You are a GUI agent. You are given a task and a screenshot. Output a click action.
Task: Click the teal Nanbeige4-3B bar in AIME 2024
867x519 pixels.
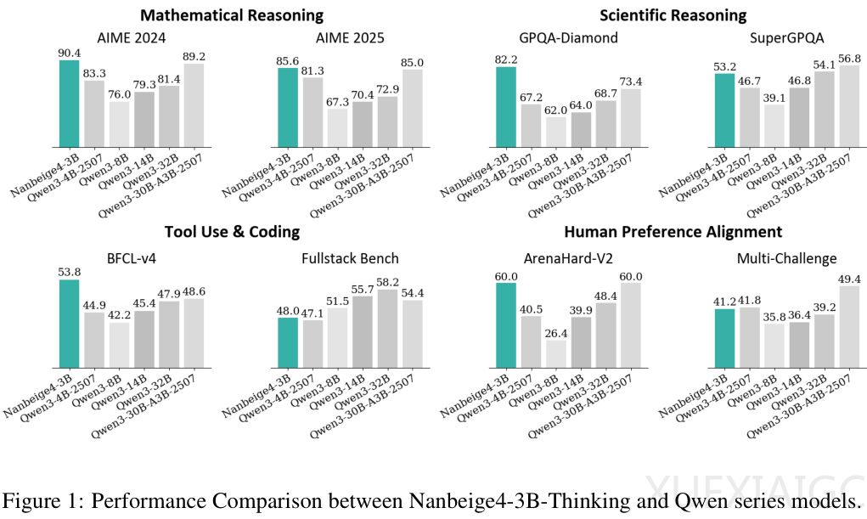click(x=69, y=103)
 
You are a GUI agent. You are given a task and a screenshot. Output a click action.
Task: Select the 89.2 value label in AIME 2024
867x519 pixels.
click(x=194, y=58)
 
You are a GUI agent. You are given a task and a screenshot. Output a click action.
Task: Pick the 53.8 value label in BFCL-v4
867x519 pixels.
click(x=69, y=273)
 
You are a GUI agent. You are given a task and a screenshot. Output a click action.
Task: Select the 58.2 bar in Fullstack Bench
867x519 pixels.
click(x=387, y=328)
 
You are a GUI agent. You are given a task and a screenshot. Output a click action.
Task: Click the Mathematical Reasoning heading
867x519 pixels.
click(x=219, y=15)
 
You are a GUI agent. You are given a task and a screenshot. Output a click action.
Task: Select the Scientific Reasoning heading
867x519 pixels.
click(x=673, y=15)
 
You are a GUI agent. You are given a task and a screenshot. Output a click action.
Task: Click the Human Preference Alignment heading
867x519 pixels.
click(x=673, y=232)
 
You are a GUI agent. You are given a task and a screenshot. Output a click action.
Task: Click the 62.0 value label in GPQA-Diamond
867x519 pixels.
click(x=532, y=110)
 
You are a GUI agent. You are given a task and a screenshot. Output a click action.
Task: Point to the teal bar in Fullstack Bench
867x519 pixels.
click(x=289, y=342)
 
